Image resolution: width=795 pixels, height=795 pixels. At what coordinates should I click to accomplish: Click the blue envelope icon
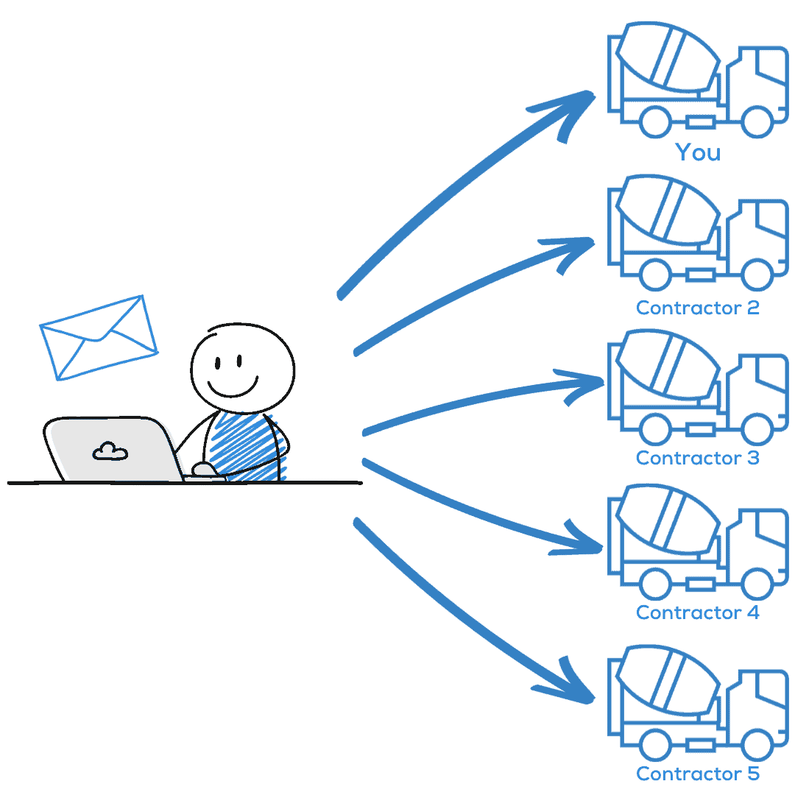point(99,338)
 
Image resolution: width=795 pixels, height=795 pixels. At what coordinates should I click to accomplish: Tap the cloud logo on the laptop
point(110,451)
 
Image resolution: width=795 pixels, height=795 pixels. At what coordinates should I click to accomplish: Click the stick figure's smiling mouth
point(233,389)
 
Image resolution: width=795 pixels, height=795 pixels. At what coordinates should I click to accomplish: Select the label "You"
point(698,152)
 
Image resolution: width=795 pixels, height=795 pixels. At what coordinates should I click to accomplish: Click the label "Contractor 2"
point(698,308)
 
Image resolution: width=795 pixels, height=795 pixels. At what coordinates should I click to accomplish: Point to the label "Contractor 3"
point(698,458)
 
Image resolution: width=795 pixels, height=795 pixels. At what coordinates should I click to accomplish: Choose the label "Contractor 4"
point(698,612)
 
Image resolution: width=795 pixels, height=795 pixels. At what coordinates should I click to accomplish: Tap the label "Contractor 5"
point(698,774)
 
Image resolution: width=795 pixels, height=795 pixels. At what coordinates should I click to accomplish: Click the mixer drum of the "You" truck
point(667,57)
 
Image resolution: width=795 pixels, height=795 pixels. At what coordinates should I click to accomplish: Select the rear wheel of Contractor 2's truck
point(656,275)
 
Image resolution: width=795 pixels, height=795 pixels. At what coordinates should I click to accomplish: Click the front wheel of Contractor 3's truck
point(757,429)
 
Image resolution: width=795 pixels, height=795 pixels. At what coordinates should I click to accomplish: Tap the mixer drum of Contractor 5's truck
point(667,679)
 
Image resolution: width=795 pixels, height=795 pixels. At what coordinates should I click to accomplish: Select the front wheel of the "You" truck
point(757,121)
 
